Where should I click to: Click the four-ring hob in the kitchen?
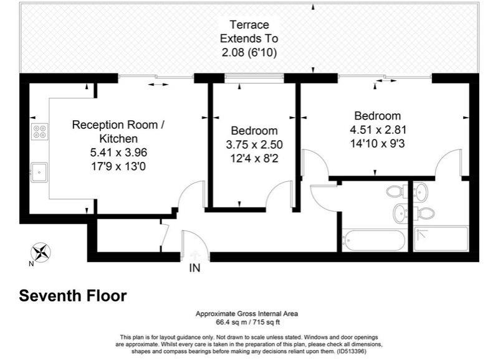(x=39, y=131)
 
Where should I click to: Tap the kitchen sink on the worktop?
(x=40, y=169)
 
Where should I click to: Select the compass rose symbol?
(x=41, y=252)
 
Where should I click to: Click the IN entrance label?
(x=195, y=268)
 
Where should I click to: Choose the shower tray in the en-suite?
(x=441, y=239)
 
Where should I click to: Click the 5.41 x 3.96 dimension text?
(x=118, y=152)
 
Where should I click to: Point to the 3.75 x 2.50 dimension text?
(x=254, y=144)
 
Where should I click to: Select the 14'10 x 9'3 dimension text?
(x=377, y=143)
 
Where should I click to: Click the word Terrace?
(x=249, y=25)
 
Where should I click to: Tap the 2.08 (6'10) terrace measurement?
(x=249, y=53)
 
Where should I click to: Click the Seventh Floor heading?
(x=73, y=296)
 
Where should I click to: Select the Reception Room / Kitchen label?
(x=118, y=131)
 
